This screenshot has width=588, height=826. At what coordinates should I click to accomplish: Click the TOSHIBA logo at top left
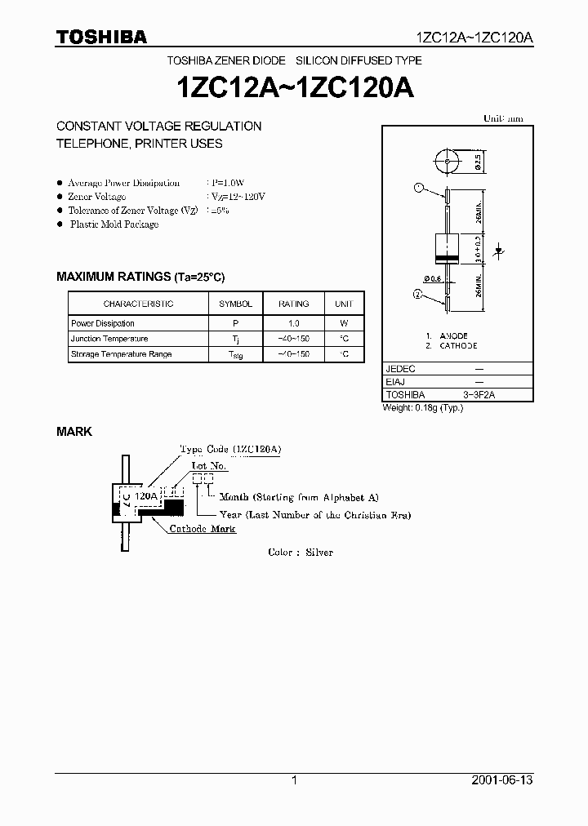click(102, 37)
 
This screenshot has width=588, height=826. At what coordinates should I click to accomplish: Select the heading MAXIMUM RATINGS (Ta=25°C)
click(140, 277)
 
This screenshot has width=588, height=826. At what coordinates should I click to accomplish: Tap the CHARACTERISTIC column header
click(138, 304)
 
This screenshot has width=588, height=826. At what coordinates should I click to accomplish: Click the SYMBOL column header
click(236, 304)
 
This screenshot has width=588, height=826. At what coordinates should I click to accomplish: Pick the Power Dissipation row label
click(103, 323)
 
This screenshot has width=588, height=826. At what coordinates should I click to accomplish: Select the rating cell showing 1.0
click(294, 323)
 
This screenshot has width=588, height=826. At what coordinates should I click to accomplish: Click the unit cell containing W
click(344, 323)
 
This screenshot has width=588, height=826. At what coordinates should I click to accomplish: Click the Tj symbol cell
click(236, 340)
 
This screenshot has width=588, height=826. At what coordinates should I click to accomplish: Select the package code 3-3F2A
click(480, 395)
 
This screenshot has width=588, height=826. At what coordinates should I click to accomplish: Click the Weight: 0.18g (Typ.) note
click(423, 407)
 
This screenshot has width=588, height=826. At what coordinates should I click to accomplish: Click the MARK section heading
click(73, 431)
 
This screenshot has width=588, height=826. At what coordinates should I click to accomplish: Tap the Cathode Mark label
click(203, 529)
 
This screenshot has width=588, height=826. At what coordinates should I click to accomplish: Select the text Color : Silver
click(301, 553)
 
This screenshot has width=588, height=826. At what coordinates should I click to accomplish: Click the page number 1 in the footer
click(294, 780)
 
